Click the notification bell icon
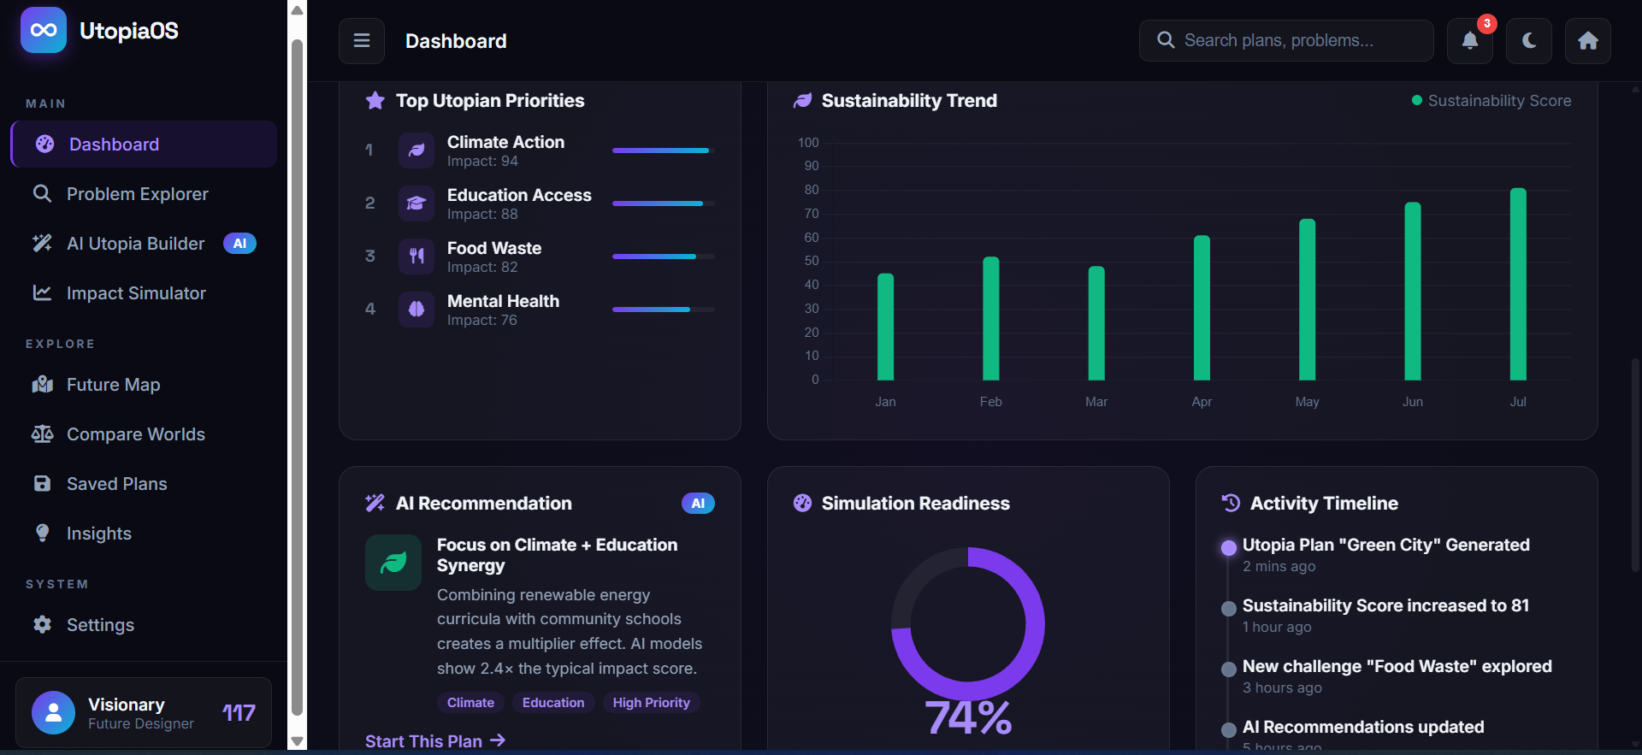pyautogui.click(x=1469, y=41)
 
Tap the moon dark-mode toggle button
pyautogui.click(x=1529, y=41)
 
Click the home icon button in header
pyautogui.click(x=1588, y=41)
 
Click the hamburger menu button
pyautogui.click(x=362, y=41)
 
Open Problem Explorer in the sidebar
pyautogui.click(x=137, y=194)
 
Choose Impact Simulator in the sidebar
pyautogui.click(x=136, y=293)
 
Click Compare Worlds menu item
pyautogui.click(x=135, y=434)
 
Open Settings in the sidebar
pyautogui.click(x=100, y=625)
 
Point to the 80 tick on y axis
pyautogui.click(x=812, y=190)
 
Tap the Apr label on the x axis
pyautogui.click(x=1202, y=402)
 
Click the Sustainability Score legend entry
pyautogui.click(x=1491, y=101)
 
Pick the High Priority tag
pyautogui.click(x=651, y=703)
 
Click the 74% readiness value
pyautogui.click(x=968, y=717)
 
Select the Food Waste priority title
pyautogui.click(x=494, y=248)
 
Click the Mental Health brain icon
pyautogui.click(x=416, y=309)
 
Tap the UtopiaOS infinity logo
pyautogui.click(x=44, y=31)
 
